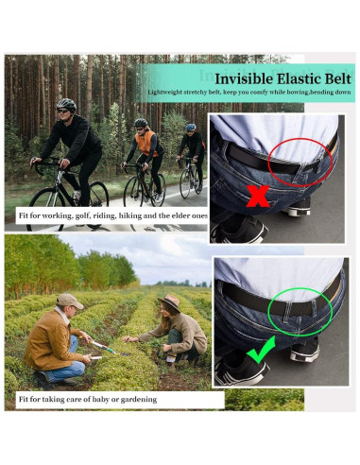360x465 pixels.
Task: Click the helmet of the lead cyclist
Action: point(65,105)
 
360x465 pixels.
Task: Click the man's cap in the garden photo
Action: point(69,301)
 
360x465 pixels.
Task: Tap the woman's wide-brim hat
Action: point(170,302)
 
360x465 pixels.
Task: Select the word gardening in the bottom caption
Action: point(138,399)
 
